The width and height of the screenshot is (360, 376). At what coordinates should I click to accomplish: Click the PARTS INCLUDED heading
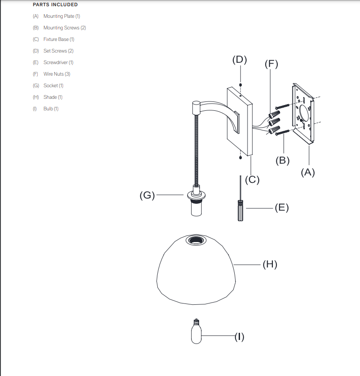click(55, 5)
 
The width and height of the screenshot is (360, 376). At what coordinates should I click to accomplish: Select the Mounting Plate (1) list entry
click(61, 16)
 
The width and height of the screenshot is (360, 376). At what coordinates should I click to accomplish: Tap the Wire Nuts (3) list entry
click(56, 74)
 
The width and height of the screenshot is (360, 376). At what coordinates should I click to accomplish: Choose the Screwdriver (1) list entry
click(58, 62)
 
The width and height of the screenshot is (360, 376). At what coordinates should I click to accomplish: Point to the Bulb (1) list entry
click(51, 109)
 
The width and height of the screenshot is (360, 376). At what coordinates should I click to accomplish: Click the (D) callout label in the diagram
click(240, 60)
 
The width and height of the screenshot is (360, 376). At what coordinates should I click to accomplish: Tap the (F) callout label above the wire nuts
click(271, 64)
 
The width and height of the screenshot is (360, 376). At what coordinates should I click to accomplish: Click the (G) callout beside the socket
click(147, 195)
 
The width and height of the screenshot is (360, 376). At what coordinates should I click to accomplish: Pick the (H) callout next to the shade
click(269, 264)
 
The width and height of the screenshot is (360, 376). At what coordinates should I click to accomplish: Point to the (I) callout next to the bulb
click(239, 336)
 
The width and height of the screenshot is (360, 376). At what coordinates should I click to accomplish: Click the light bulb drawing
click(196, 334)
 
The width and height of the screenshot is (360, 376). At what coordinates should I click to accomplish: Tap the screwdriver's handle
click(240, 211)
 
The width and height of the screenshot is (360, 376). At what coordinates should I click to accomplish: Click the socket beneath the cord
click(196, 204)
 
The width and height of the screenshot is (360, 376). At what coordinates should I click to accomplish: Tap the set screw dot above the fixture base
click(240, 85)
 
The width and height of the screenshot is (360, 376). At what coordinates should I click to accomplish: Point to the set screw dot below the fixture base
click(240, 157)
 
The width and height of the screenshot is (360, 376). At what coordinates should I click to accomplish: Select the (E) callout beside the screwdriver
click(281, 208)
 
